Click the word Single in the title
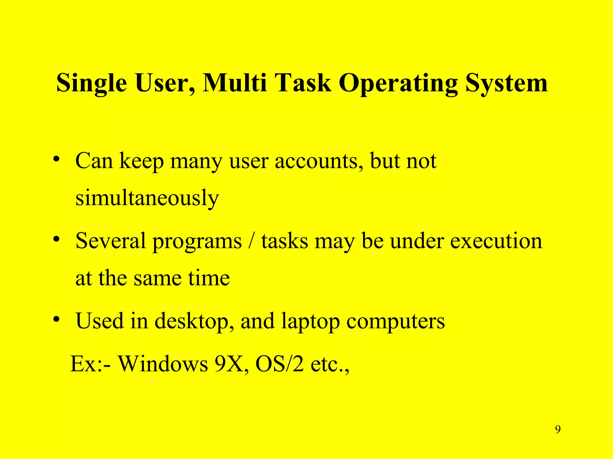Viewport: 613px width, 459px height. (x=91, y=83)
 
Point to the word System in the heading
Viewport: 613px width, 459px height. (x=506, y=83)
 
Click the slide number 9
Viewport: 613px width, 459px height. (x=558, y=429)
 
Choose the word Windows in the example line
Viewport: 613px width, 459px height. (x=163, y=364)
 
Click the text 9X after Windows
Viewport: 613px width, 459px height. (x=231, y=364)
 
